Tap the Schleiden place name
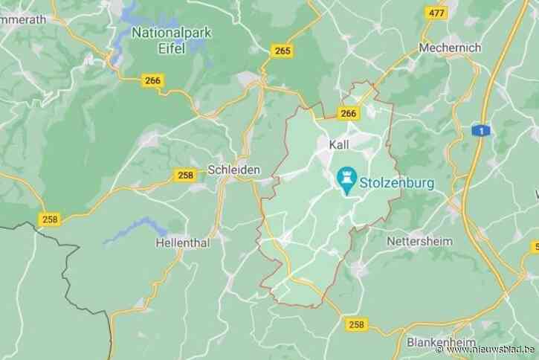(233, 170)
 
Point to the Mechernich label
(450, 48)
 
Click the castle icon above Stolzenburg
(346, 179)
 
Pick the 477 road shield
(437, 13)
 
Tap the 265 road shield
(282, 51)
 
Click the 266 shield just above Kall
(347, 113)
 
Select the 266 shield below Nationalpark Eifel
(152, 82)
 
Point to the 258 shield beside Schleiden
(185, 175)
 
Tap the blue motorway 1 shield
(484, 131)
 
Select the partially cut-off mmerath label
(22, 20)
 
